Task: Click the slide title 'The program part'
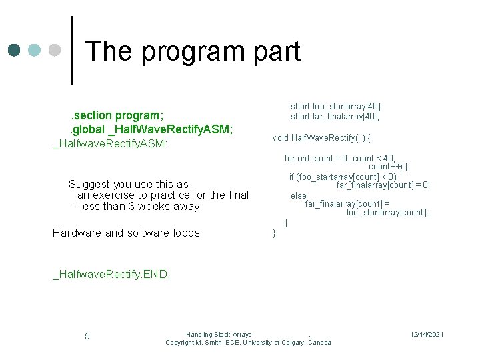(x=193, y=51)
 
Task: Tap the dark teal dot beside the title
(x=15, y=51)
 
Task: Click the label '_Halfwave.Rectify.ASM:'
(x=110, y=143)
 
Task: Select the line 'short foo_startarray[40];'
(x=336, y=106)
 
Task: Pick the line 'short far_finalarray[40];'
(x=335, y=116)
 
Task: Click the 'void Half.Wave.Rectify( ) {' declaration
(x=321, y=138)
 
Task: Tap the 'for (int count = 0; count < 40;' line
(x=339, y=158)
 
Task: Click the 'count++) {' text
(x=388, y=167)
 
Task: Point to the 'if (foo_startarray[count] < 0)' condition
(x=342, y=177)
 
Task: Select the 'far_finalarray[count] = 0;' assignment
(x=383, y=185)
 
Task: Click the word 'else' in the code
(x=298, y=195)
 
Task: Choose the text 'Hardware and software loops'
(x=126, y=233)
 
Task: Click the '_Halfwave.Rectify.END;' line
(x=111, y=274)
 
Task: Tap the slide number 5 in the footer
(x=87, y=335)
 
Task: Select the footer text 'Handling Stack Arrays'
(x=219, y=334)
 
